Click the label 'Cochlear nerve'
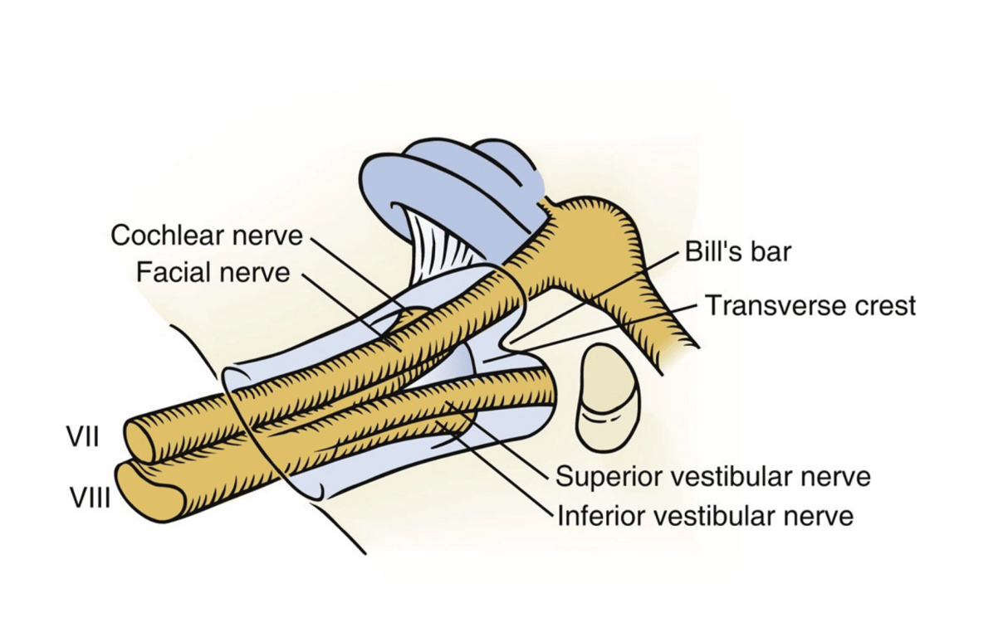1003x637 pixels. tap(207, 236)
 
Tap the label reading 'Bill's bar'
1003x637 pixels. tap(737, 251)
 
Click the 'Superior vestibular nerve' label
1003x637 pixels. tap(712, 476)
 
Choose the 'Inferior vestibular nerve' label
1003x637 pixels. tap(705, 516)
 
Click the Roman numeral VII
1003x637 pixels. tap(83, 436)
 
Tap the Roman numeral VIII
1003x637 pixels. tap(89, 498)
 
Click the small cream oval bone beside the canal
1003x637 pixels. tap(608, 398)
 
